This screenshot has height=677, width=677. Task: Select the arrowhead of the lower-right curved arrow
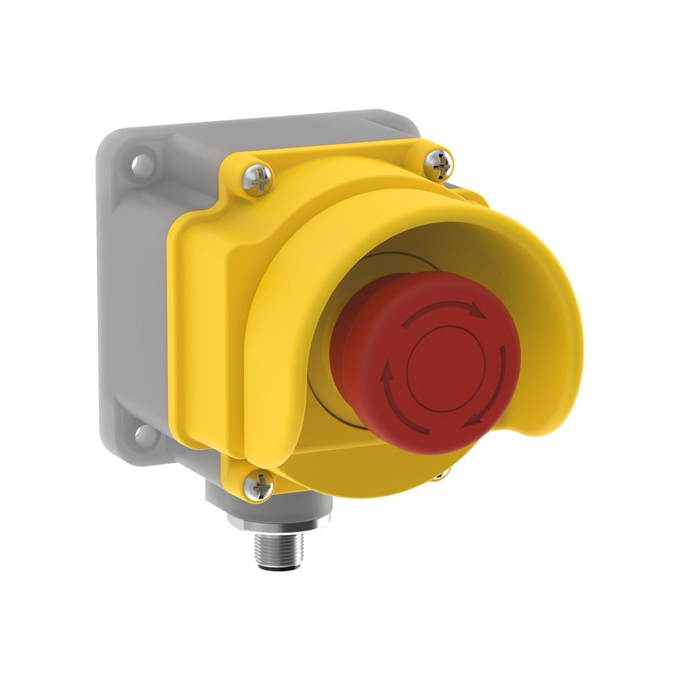[471, 421]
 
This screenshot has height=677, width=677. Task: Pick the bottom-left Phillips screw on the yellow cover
[258, 487]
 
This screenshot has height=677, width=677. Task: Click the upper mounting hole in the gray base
[140, 164]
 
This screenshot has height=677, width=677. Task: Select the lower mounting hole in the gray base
[141, 434]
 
